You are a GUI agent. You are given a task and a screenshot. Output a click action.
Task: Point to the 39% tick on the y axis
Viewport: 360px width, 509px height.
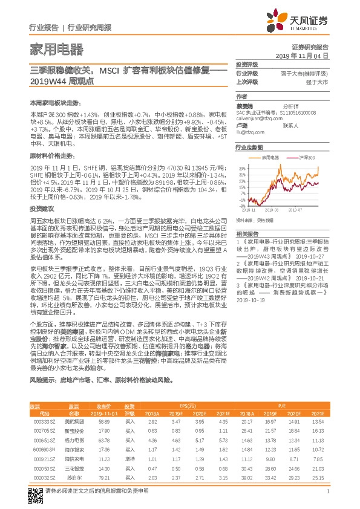241,168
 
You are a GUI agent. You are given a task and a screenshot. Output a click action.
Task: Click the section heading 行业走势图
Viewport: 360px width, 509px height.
249,147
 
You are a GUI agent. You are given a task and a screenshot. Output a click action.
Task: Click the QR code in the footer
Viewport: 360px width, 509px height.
34,494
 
